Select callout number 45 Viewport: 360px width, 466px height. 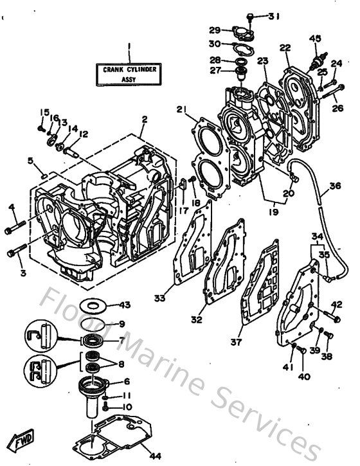pyautogui.click(x=314, y=38)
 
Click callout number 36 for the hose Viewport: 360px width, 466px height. pyautogui.click(x=334, y=186)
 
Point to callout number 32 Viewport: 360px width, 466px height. pyautogui.click(x=197, y=319)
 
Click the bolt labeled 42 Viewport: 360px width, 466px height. pyautogui.click(x=333, y=316)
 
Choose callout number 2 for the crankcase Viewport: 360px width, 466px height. pyautogui.click(x=145, y=119)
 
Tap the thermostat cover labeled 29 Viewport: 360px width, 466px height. pyautogui.click(x=233, y=31)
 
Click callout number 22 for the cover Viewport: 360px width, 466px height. pyautogui.click(x=285, y=48)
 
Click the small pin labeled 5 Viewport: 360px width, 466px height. pyautogui.click(x=40, y=173)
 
